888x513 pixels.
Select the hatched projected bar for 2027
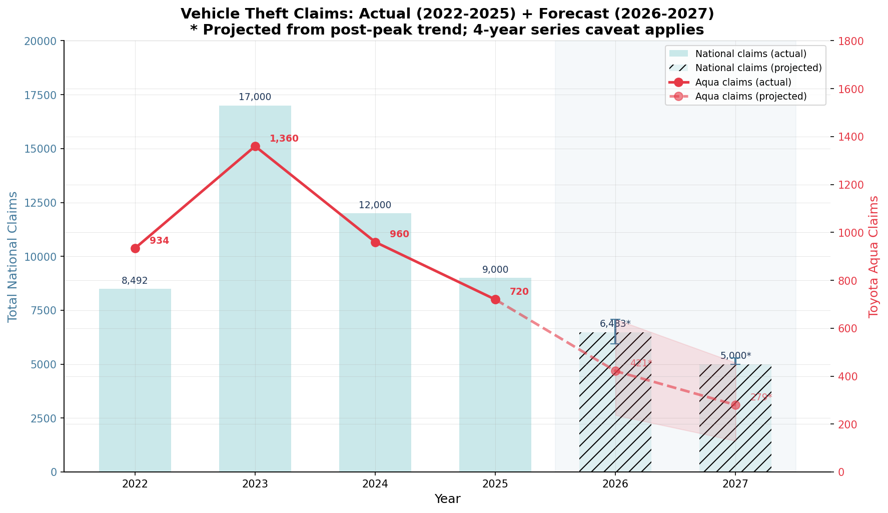click(735, 425)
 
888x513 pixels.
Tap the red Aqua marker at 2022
click(135, 248)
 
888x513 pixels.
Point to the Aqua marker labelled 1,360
click(255, 146)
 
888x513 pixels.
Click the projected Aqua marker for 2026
click(615, 371)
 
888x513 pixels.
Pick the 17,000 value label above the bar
click(255, 97)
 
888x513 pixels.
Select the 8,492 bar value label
click(135, 281)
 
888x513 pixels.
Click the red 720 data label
click(519, 292)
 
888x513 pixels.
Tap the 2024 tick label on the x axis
click(375, 484)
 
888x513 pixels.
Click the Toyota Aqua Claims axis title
click(873, 256)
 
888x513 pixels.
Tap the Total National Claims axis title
click(13, 256)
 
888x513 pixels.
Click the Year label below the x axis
click(447, 499)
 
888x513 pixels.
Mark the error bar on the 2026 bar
click(615, 331)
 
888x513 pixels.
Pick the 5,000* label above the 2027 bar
click(735, 356)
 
